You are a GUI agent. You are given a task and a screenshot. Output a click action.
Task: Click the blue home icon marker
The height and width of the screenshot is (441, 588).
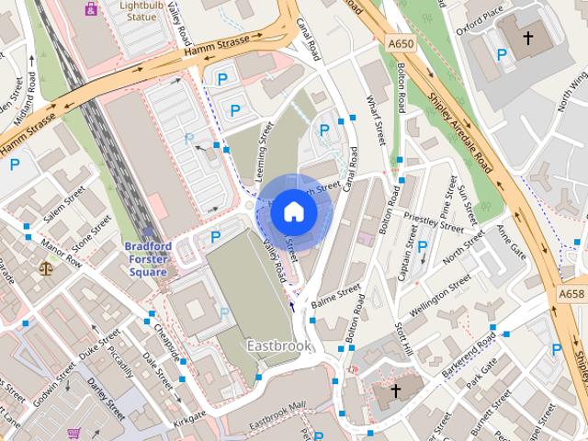point(294,211)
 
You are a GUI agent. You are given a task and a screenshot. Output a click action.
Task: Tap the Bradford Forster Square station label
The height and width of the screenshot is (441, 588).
point(147,259)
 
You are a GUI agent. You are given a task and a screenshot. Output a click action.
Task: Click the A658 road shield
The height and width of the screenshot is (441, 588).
point(571,294)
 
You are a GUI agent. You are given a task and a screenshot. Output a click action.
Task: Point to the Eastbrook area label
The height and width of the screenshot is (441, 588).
point(278,345)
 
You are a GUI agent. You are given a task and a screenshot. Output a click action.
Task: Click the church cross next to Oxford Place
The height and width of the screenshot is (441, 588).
point(528,39)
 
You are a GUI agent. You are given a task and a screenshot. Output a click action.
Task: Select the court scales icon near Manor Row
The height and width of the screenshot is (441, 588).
point(47,268)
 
